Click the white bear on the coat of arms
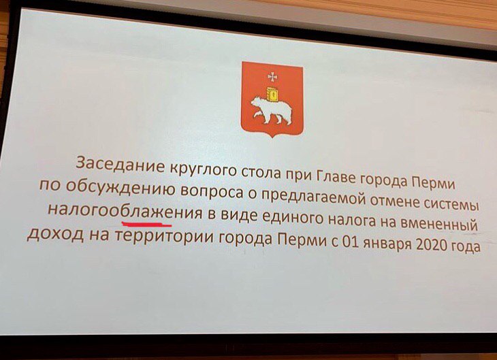271,110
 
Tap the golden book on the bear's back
272,94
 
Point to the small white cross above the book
272,77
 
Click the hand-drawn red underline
146,225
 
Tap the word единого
293,218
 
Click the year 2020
430,244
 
